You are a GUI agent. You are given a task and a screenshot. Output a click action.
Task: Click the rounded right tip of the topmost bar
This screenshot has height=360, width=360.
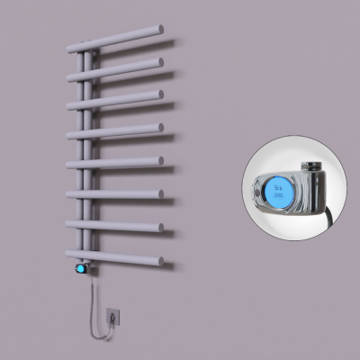click(x=160, y=31)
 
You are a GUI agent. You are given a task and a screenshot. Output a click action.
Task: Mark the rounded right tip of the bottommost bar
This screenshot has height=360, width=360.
click(x=159, y=262)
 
